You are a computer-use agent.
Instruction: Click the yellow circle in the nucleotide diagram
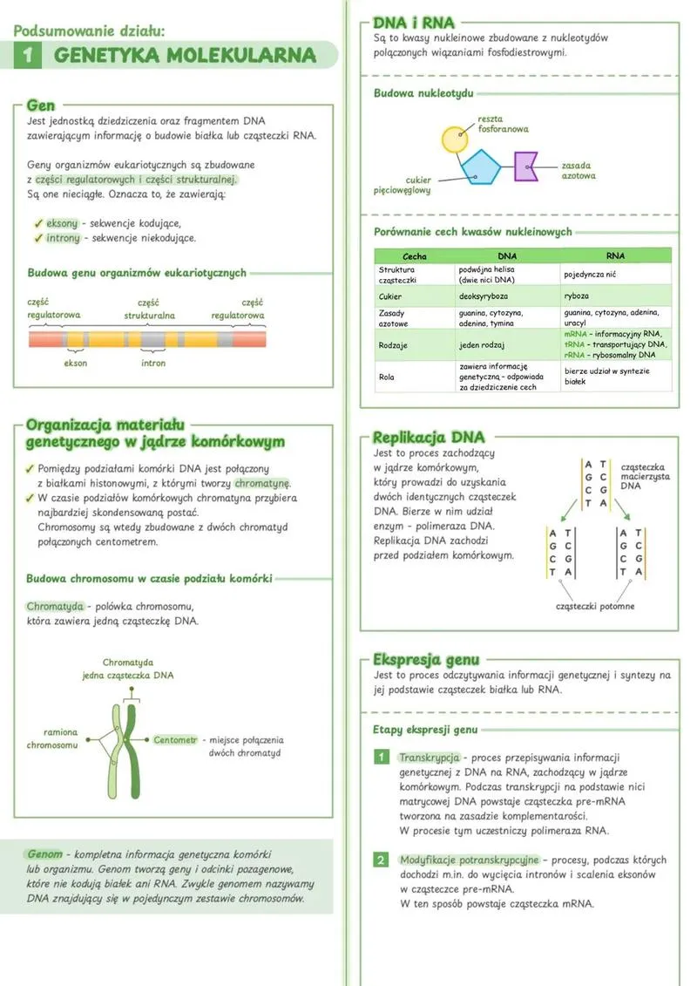pyautogui.click(x=455, y=140)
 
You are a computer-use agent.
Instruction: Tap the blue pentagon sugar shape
pyautogui.click(x=481, y=166)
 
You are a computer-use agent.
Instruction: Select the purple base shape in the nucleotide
pyautogui.click(x=525, y=166)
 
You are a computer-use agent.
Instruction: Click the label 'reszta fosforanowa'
pyautogui.click(x=503, y=124)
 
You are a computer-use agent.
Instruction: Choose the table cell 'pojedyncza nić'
pyautogui.click(x=592, y=275)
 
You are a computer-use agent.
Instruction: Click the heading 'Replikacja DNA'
pyautogui.click(x=429, y=438)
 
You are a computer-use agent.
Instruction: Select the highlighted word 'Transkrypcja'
pyautogui.click(x=429, y=758)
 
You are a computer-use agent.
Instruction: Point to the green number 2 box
pyautogui.click(x=381, y=860)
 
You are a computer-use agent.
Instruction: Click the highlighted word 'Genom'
pyautogui.click(x=44, y=853)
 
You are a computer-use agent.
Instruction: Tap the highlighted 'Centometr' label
pyautogui.click(x=175, y=740)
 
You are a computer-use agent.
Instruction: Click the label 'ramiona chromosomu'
pyautogui.click(x=52, y=738)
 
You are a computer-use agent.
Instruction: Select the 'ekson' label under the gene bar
pyautogui.click(x=76, y=363)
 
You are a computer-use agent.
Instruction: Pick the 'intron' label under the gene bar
pyautogui.click(x=153, y=363)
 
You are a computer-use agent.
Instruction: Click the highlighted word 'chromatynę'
pyautogui.click(x=262, y=484)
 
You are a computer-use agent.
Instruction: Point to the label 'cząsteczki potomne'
pyautogui.click(x=595, y=606)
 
